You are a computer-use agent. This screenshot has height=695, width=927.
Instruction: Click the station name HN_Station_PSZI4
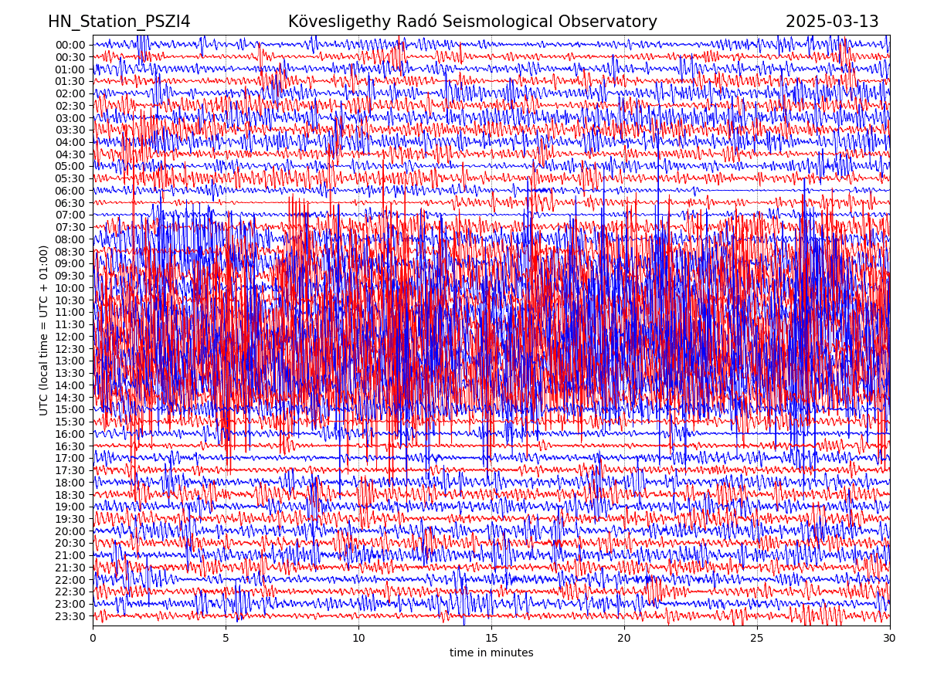tap(119, 22)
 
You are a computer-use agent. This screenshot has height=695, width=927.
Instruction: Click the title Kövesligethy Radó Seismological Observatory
tap(472, 22)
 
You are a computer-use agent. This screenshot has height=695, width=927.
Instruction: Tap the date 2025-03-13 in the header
tap(832, 22)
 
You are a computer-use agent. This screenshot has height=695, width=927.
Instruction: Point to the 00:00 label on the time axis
tap(70, 45)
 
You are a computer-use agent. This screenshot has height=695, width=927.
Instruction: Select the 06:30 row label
tap(70, 203)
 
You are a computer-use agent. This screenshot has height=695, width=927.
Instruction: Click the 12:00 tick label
tap(70, 337)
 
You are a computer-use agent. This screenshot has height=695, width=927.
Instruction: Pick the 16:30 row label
tap(70, 446)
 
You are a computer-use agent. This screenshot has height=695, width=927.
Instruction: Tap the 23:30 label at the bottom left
tap(70, 616)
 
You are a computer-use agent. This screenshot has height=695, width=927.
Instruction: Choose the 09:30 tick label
tap(70, 276)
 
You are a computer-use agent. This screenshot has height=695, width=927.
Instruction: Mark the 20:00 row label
tap(70, 531)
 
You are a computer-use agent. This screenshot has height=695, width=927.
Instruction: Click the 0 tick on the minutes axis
tap(93, 639)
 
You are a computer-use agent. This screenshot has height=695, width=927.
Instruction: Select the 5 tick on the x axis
tap(226, 639)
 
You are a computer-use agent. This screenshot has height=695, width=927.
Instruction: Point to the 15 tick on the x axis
tap(491, 639)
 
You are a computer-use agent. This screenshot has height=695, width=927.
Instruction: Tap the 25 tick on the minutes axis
tap(757, 639)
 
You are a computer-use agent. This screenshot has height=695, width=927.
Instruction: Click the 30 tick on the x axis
tap(890, 639)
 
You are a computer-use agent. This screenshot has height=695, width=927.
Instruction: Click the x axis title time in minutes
tap(491, 653)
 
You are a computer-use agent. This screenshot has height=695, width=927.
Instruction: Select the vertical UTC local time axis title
tap(45, 331)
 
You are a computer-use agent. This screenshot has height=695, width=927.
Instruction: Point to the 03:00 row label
tap(70, 118)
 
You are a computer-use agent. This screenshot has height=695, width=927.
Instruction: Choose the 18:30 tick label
tap(70, 495)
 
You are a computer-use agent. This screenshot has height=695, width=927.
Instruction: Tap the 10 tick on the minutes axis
tap(358, 639)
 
